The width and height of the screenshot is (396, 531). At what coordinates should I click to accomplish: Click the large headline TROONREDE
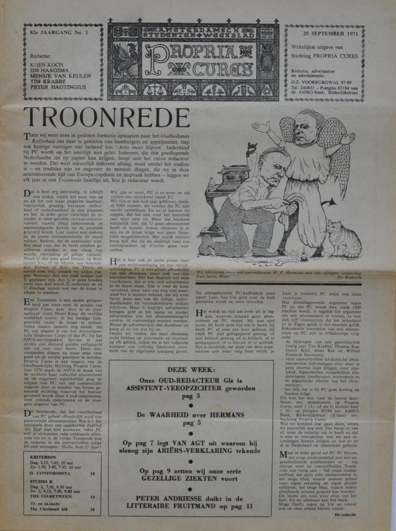coord(106,117)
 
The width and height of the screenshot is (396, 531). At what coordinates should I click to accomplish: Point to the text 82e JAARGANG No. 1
coord(58,32)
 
